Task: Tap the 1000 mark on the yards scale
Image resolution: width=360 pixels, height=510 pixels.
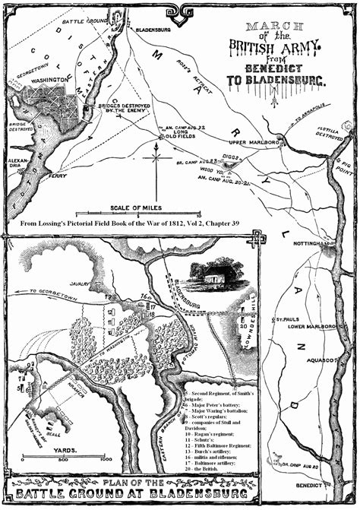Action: (x=106, y=460)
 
